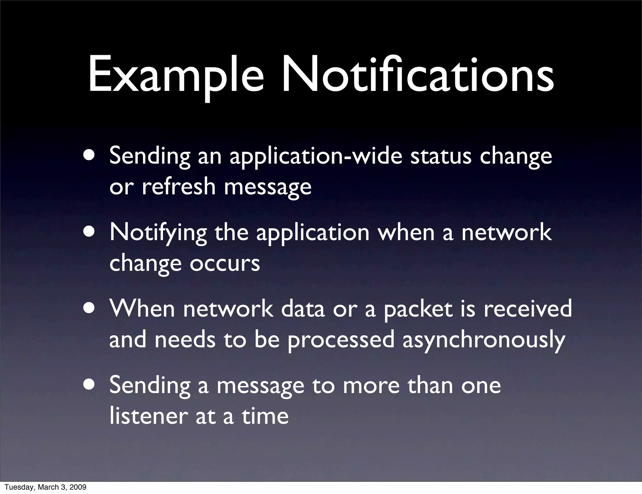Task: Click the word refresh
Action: click(x=179, y=186)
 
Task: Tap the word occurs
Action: click(x=225, y=263)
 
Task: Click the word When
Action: click(x=142, y=309)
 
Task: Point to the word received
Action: click(x=528, y=309)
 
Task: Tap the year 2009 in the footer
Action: click(x=77, y=487)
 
